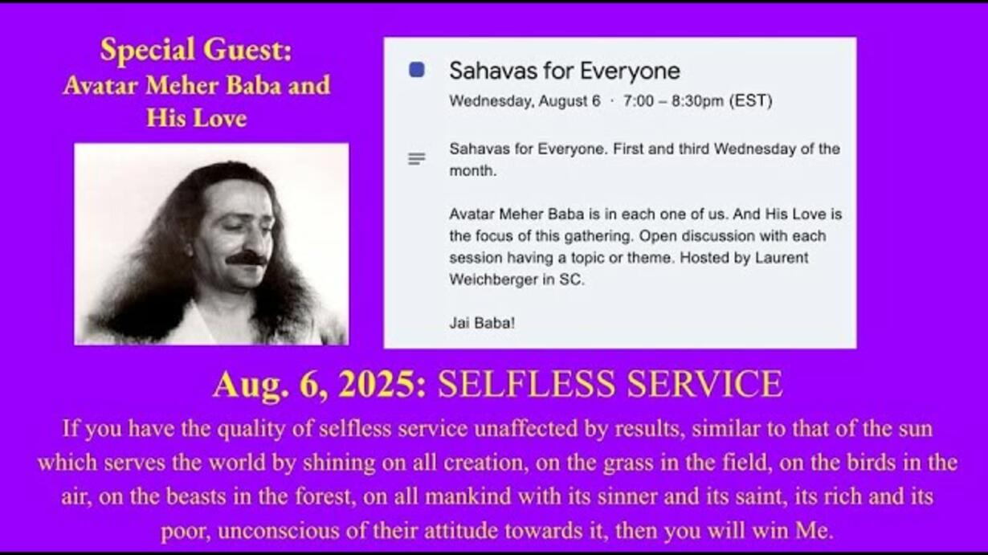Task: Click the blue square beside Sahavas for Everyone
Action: [417, 70]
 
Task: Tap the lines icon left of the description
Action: [416, 158]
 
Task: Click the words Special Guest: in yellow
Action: [196, 50]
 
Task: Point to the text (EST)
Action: [750, 101]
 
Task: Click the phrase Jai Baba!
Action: [482, 324]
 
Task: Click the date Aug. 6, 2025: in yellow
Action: [320, 385]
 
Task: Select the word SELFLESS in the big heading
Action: [526, 384]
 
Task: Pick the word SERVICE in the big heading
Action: [704, 384]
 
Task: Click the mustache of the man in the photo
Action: [247, 259]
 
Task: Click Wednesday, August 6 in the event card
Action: [525, 101]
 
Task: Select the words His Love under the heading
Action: [196, 118]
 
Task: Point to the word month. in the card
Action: [473, 171]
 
